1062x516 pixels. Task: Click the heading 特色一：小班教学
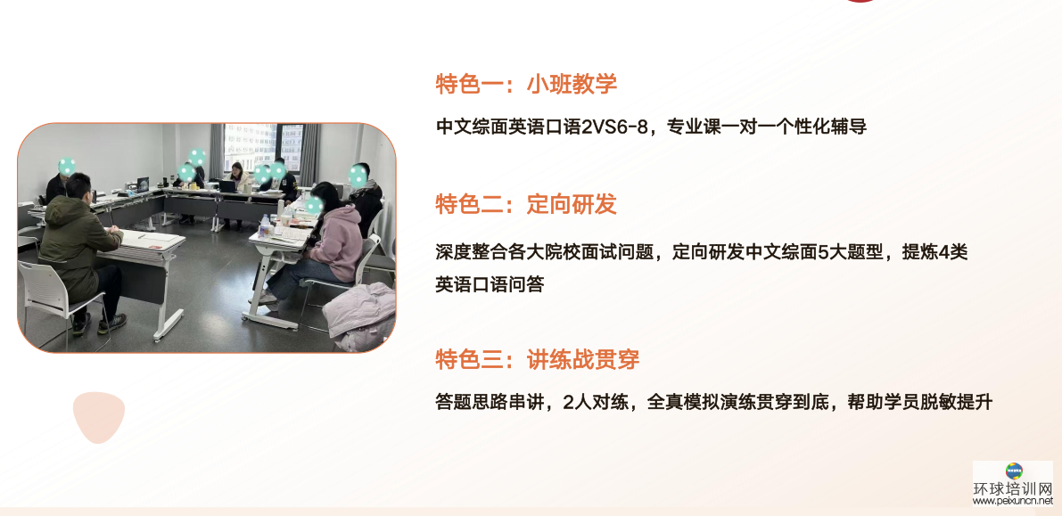click(525, 85)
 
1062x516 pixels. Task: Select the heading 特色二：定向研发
click(525, 204)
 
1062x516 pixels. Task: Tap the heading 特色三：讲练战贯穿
click(538, 359)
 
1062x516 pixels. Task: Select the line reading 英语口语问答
click(490, 284)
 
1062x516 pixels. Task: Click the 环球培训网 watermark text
click(1013, 489)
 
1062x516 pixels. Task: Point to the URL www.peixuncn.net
click(1013, 502)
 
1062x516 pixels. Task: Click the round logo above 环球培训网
click(1014, 471)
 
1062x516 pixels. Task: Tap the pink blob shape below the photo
click(99, 416)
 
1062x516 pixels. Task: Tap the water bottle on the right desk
click(265, 225)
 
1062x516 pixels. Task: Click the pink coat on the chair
click(360, 315)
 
